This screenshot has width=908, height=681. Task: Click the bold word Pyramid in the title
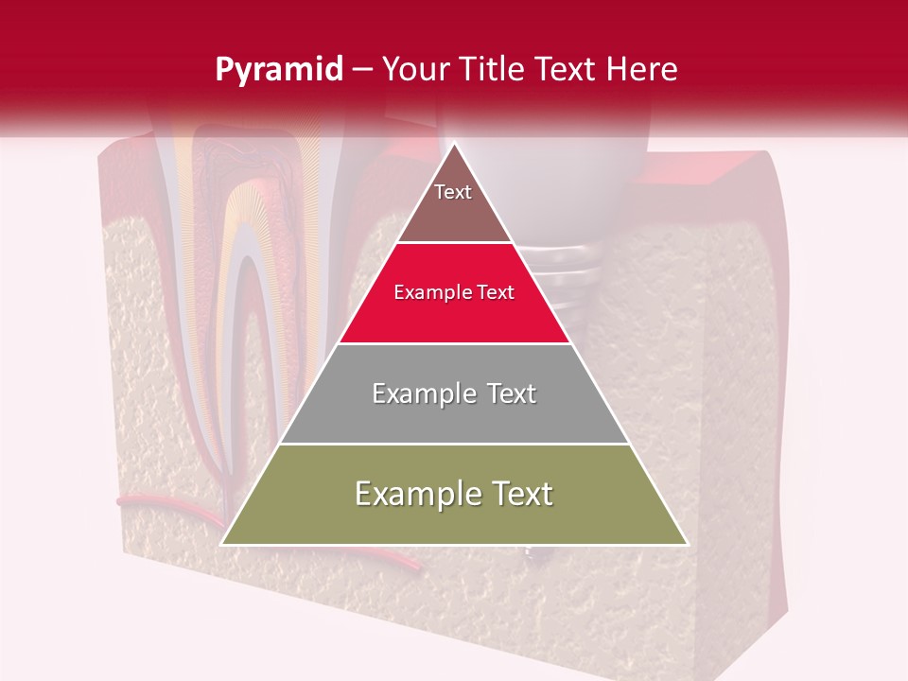[279, 70]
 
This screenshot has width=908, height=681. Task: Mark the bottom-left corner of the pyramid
[222, 544]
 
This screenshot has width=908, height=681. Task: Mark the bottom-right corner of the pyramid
[687, 544]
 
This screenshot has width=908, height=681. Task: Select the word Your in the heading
[413, 70]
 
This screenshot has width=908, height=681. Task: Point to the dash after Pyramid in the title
[361, 70]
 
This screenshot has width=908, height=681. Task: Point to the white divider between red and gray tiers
[454, 343]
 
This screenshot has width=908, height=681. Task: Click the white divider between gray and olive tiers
[454, 444]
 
